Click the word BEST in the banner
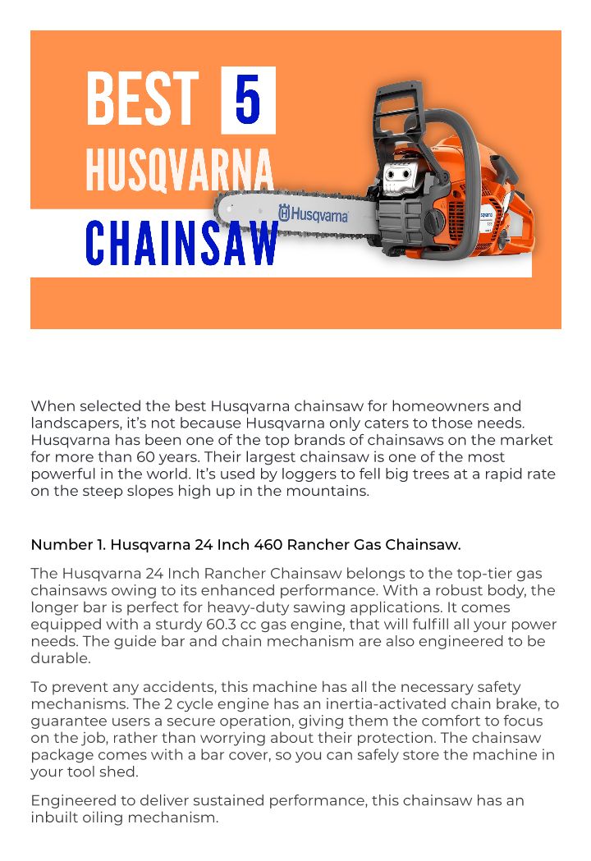(x=142, y=100)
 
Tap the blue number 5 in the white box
(x=248, y=100)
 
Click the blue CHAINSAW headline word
(x=182, y=243)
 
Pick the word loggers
(x=260, y=474)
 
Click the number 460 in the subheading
(x=268, y=544)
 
